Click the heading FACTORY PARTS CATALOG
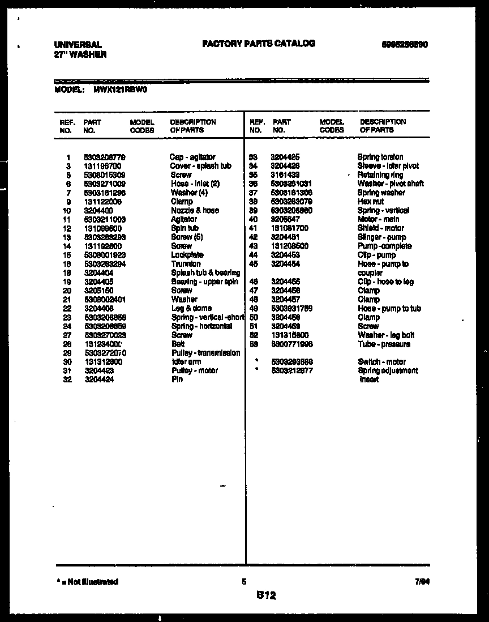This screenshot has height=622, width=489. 258,44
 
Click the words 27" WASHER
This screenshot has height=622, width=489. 80,55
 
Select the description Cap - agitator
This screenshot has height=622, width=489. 192,157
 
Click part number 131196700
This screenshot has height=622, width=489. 102,166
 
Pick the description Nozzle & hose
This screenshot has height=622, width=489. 195,210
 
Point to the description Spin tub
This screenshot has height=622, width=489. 185,228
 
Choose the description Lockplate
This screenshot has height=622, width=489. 187,255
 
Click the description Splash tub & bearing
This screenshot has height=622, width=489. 205,273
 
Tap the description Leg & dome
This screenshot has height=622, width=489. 191,308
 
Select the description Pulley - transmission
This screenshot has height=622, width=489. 205,353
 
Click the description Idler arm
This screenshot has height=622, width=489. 186,361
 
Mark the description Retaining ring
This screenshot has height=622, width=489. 380,175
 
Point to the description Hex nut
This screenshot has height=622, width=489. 370,202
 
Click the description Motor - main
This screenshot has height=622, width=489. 378,219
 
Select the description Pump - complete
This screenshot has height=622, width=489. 384,246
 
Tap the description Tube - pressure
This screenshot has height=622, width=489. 384,344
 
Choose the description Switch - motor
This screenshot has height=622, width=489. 381,361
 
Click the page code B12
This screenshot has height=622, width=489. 265,595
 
